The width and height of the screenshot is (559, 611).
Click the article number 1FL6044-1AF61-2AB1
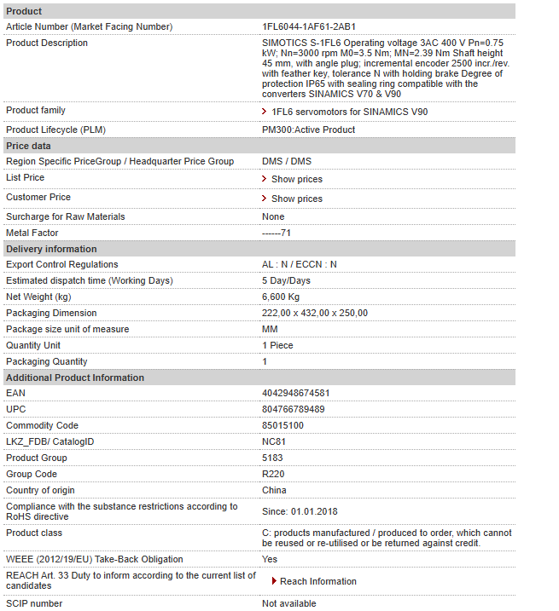(x=308, y=27)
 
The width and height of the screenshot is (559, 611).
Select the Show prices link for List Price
(x=296, y=179)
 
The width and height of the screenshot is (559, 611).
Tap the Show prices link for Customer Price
(x=296, y=199)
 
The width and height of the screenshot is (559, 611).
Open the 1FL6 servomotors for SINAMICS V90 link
(x=349, y=112)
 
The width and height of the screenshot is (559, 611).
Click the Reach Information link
(x=317, y=581)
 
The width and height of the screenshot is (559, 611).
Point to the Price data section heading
(x=28, y=146)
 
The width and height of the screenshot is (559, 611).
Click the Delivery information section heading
(x=51, y=249)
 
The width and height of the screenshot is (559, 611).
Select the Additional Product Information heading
(x=75, y=378)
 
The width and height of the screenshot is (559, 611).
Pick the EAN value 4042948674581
(x=295, y=394)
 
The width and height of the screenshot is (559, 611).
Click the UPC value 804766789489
(x=293, y=410)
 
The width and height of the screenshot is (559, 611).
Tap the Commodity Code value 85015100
(x=282, y=426)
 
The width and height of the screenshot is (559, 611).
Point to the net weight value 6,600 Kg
(x=281, y=297)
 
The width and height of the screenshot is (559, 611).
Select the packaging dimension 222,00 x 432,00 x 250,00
(x=315, y=313)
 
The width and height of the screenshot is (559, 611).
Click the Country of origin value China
(x=274, y=491)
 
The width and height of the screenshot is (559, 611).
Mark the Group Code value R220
(x=273, y=475)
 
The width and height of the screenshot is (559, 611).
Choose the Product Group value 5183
(x=272, y=458)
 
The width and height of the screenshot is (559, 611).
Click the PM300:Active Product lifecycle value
(x=308, y=130)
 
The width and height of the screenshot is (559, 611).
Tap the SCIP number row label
(x=34, y=604)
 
